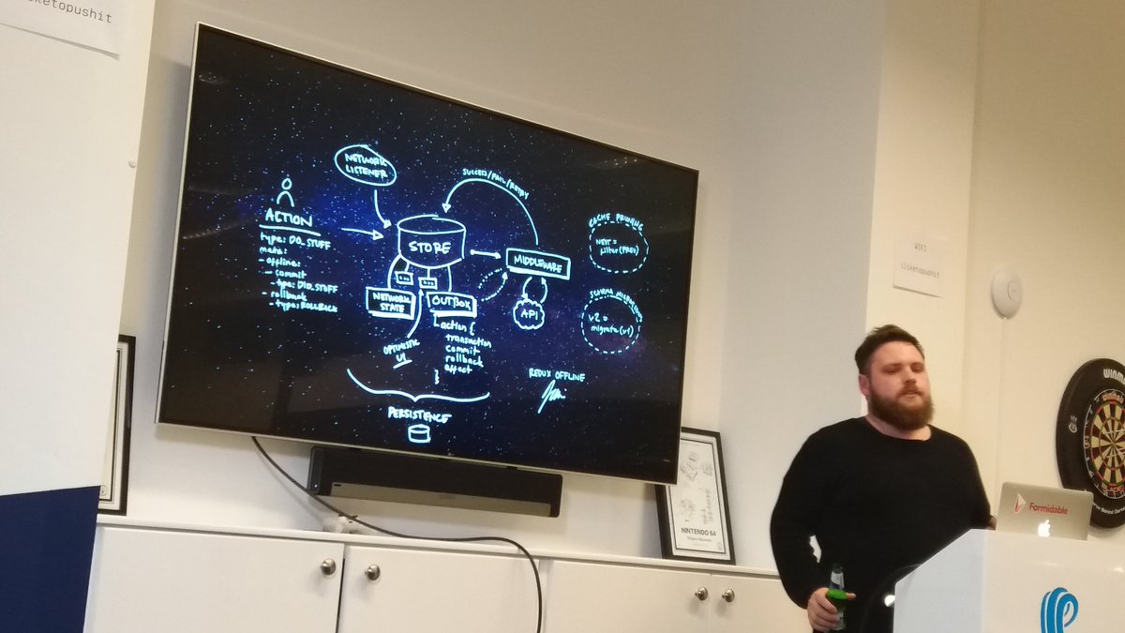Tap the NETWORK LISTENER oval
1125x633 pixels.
point(365,166)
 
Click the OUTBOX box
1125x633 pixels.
point(452,303)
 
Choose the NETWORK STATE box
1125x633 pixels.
point(390,302)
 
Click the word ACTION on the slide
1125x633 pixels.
point(288,218)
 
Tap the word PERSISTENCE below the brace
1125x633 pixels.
point(419,413)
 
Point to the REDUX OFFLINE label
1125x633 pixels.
point(556,377)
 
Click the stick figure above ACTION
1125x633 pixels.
point(286,191)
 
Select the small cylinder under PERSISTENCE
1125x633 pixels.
point(419,433)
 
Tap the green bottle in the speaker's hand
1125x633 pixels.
point(836,594)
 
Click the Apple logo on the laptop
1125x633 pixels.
point(1042,528)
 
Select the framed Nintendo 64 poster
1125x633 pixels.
point(695,496)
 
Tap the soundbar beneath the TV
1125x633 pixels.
point(435,479)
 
